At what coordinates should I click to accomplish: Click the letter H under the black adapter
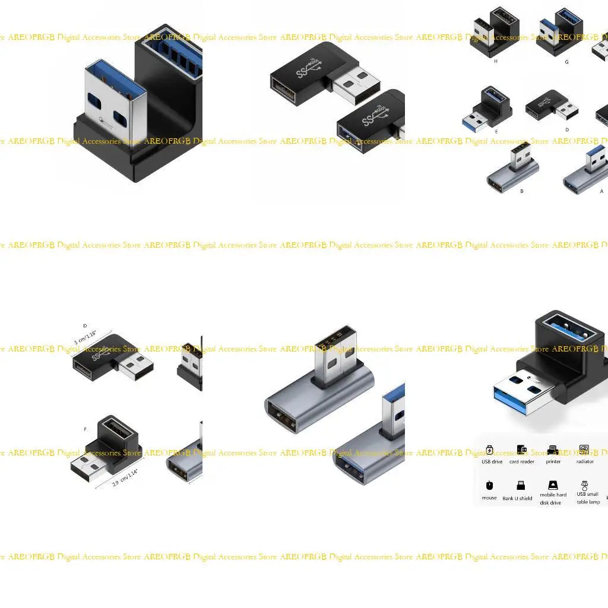[496, 61]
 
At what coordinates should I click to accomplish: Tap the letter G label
[566, 62]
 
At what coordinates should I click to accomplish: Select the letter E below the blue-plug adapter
[496, 131]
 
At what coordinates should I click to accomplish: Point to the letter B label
[521, 191]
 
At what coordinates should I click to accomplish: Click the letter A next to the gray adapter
[601, 191]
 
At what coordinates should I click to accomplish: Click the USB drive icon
[489, 449]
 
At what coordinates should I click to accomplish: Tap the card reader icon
[521, 449]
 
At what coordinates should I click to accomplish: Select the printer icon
[553, 449]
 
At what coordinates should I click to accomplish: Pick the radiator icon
[584, 449]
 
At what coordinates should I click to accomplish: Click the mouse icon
[489, 485]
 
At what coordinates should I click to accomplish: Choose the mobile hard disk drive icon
[553, 484]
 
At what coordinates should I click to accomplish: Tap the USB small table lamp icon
[585, 484]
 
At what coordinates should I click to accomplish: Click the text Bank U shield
[517, 498]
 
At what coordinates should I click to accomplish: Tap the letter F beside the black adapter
[85, 429]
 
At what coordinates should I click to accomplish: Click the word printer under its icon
[553, 461]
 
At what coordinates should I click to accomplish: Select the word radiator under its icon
[585, 461]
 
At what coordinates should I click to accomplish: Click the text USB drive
[492, 461]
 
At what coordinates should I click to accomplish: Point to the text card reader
[521, 461]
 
